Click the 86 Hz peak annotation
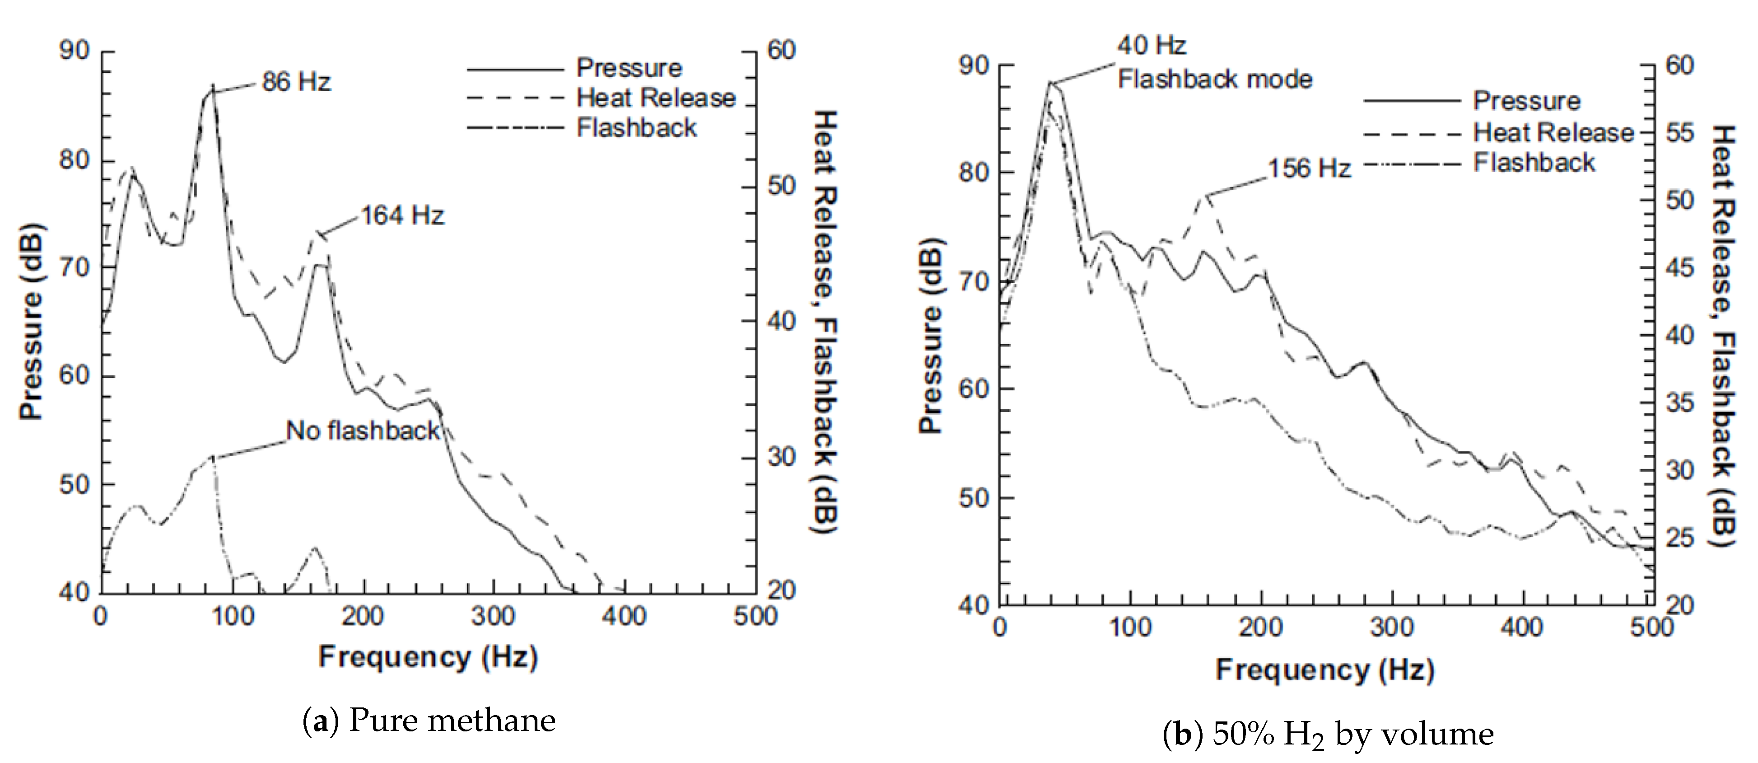pyautogui.click(x=296, y=83)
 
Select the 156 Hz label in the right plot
pyautogui.click(x=1309, y=168)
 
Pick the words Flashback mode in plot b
pyautogui.click(x=1215, y=79)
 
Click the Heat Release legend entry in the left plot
pyautogui.click(x=656, y=98)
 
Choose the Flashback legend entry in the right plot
pyautogui.click(x=1534, y=163)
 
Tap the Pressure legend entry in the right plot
pyautogui.click(x=1527, y=101)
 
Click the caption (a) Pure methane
pyautogui.click(x=429, y=721)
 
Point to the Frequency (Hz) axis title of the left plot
pyautogui.click(x=428, y=656)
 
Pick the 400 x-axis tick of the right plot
pyautogui.click(x=1521, y=627)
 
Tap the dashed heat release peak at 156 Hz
pyautogui.click(x=1206, y=196)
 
